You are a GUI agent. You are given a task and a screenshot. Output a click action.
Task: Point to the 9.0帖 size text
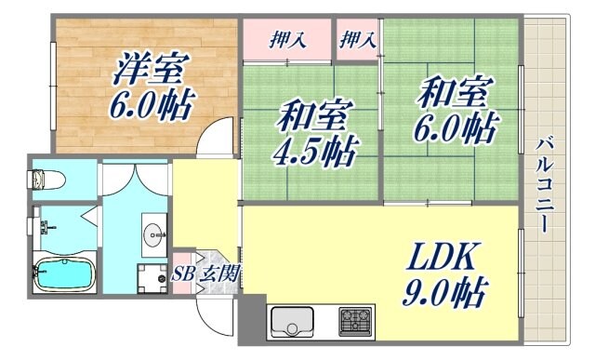click(x=443, y=293)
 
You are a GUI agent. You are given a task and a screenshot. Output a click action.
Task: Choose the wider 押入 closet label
click(x=287, y=40)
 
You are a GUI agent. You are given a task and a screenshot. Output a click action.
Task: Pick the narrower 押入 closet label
click(x=358, y=40)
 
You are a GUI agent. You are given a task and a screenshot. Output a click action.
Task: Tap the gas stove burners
click(x=356, y=322)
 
